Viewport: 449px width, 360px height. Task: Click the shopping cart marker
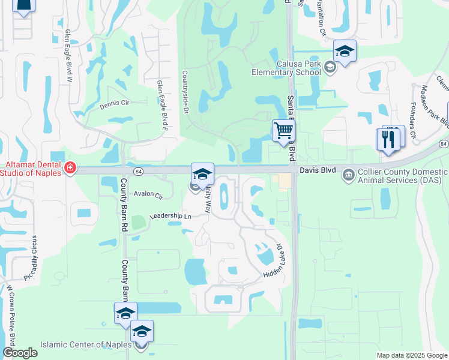(283, 130)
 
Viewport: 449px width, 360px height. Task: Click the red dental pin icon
(70, 168)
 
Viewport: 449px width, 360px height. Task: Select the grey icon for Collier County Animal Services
(348, 175)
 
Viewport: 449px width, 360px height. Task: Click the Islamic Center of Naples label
(86, 345)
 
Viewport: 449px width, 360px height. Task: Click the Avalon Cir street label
(148, 196)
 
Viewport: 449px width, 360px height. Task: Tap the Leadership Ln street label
(170, 216)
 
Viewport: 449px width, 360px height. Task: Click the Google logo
(20, 353)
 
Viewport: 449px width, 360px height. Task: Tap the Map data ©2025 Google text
(411, 355)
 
